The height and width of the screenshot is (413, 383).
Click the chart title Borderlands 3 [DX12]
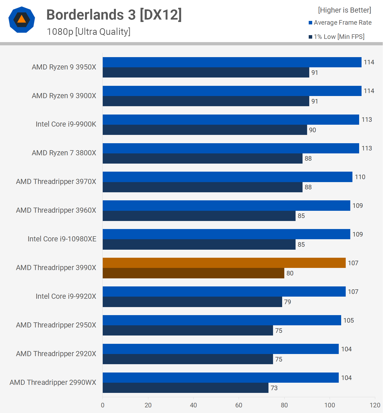tap(114, 15)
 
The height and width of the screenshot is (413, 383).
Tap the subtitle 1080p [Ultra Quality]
tap(89, 32)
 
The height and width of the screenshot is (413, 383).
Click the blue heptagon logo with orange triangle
tap(22, 20)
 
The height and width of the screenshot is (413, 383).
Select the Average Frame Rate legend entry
tap(340, 23)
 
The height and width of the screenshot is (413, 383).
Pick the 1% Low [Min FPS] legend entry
tap(337, 37)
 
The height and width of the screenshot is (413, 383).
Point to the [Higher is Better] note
tap(344, 10)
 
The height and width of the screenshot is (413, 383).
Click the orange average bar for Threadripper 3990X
tap(224, 263)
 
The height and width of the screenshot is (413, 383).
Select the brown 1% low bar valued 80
tap(193, 273)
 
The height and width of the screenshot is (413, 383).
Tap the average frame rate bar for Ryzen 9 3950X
tap(232, 62)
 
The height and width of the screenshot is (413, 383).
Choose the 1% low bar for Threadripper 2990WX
tap(185, 388)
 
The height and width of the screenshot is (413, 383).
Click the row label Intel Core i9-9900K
tap(66, 124)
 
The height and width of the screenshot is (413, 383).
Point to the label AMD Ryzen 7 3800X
tap(64, 153)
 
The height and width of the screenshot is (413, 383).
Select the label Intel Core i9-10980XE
tap(62, 239)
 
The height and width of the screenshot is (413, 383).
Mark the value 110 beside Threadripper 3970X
tap(360, 177)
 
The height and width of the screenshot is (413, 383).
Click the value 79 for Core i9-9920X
tap(288, 302)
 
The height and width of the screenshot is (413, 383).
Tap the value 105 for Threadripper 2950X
tap(348, 320)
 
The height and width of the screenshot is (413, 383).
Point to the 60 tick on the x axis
tap(239, 405)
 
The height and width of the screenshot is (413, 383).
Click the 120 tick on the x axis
tap(375, 405)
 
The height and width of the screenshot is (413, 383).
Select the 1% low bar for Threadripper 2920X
tap(188, 359)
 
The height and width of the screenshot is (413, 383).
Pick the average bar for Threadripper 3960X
tap(226, 206)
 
